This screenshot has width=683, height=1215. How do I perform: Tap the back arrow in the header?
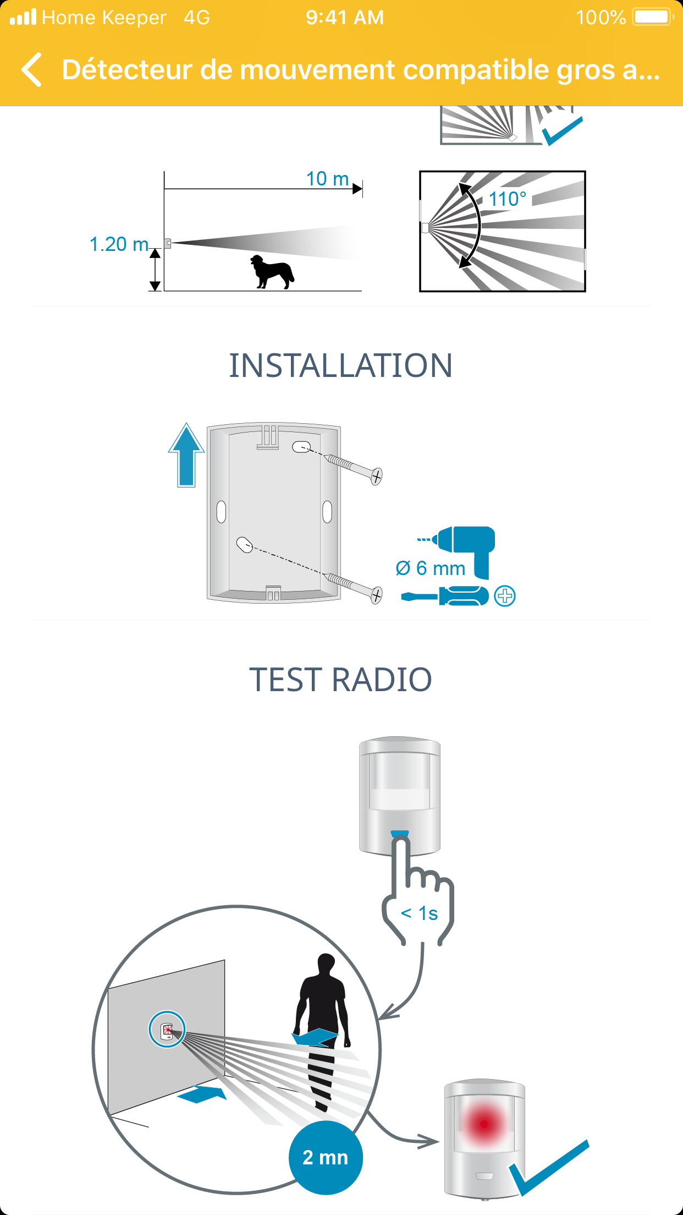31,70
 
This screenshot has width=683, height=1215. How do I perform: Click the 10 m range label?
327,179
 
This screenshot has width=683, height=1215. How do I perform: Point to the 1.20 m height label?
119,244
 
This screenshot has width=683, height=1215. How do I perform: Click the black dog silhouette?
272,271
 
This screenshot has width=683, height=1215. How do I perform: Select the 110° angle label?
508,199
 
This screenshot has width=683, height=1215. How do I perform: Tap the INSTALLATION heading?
341,365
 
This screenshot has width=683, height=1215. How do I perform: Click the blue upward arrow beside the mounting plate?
186,455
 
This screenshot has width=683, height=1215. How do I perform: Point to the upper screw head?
376,476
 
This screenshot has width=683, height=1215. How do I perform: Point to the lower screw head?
376,595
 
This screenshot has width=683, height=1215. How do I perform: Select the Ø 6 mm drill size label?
431,568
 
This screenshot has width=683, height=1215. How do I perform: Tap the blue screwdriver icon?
445,596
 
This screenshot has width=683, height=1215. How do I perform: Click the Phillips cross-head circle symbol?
505,596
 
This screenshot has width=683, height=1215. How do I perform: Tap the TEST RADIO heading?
341,680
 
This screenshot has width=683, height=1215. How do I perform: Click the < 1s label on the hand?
420,913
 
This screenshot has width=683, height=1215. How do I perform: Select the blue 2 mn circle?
326,1158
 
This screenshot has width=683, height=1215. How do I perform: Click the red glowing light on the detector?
484,1124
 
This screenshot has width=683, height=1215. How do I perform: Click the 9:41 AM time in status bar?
345,18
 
